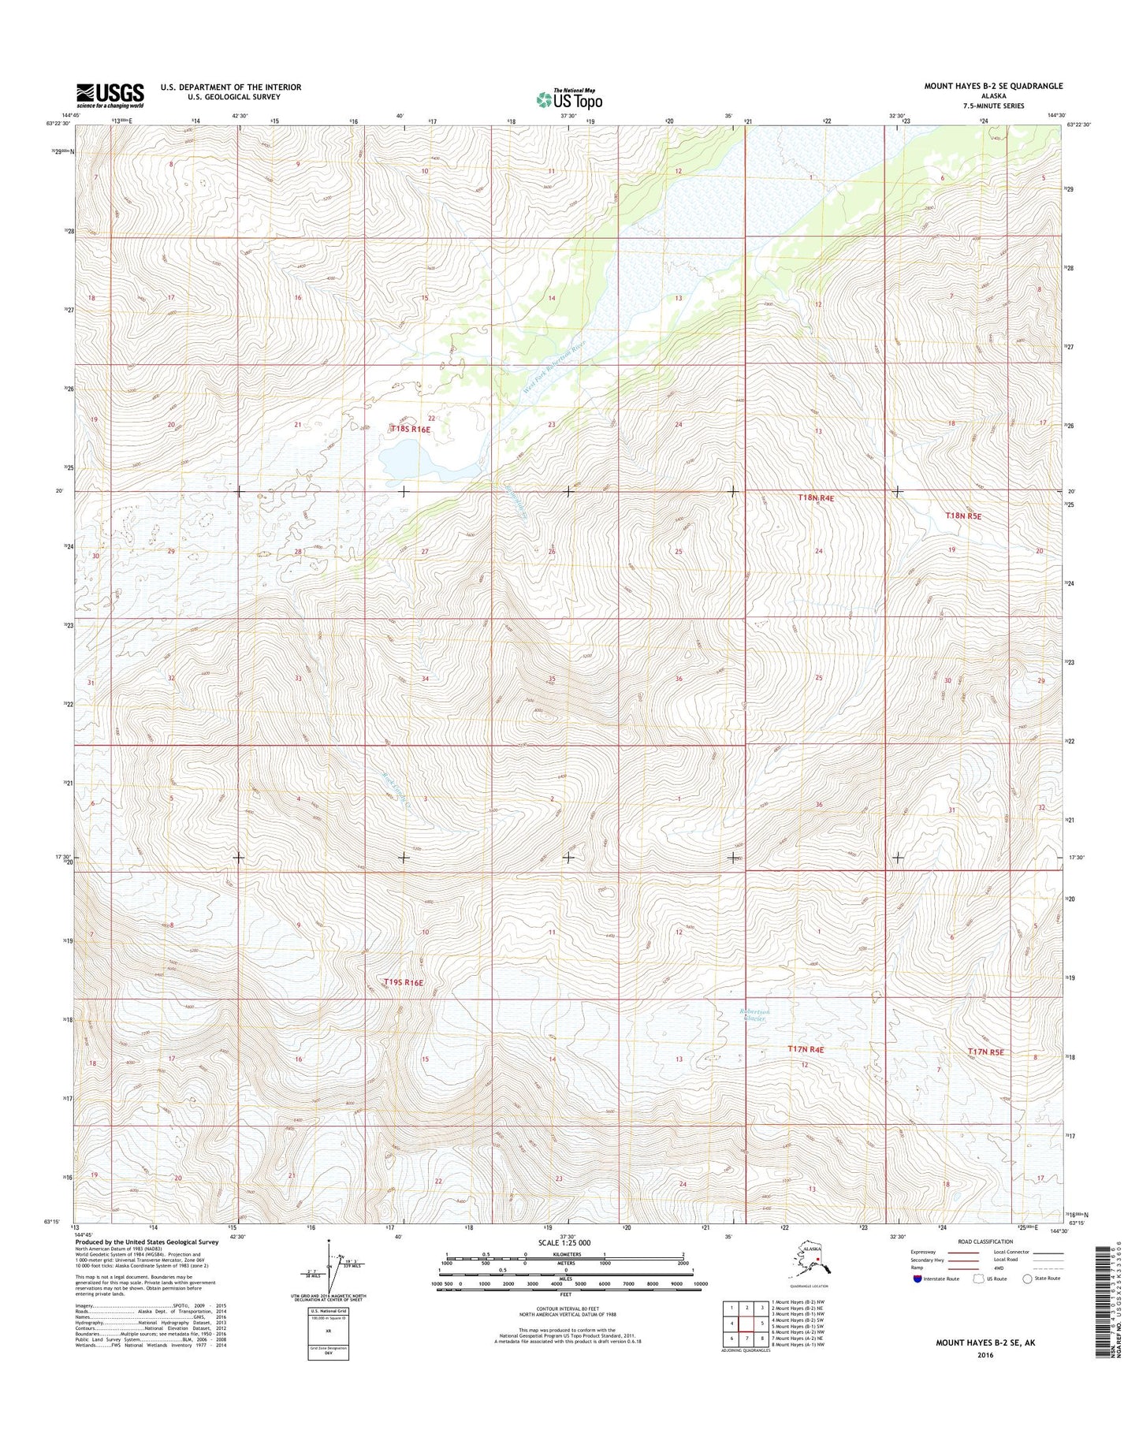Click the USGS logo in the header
(110, 95)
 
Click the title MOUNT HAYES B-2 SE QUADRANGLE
(995, 86)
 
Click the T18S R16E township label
(410, 429)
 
